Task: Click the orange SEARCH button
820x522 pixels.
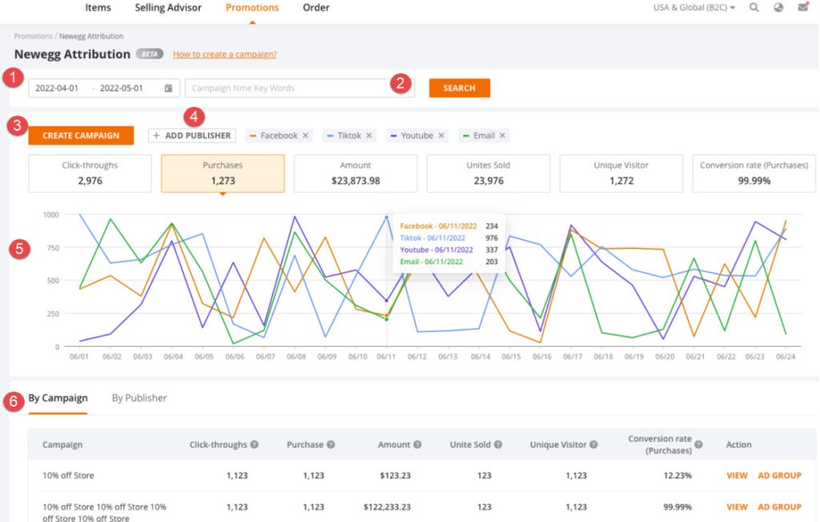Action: [x=459, y=88]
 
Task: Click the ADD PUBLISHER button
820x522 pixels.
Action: [x=191, y=136]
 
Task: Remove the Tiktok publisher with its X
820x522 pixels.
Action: [x=369, y=136]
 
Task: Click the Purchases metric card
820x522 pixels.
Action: [x=223, y=173]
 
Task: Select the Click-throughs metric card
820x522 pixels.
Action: [x=90, y=173]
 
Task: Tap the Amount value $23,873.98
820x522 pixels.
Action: [x=356, y=181]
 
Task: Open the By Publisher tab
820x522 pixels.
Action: [x=139, y=398]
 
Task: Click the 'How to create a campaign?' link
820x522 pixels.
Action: [x=225, y=54]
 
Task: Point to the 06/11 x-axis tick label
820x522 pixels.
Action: [x=386, y=357]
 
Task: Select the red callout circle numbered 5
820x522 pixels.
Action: [x=18, y=248]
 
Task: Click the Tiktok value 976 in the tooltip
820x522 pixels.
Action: [x=492, y=238]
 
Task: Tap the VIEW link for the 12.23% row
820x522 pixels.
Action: [x=737, y=476]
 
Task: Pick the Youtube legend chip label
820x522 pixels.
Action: [x=416, y=136]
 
